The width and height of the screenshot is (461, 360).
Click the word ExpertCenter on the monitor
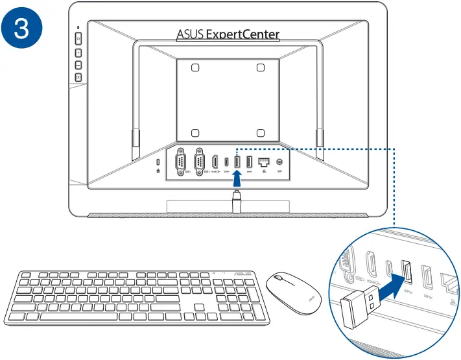pyautogui.click(x=243, y=34)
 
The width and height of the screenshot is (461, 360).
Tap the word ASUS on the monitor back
pyautogui.click(x=191, y=34)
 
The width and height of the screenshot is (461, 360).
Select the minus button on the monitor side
pyautogui.click(x=78, y=65)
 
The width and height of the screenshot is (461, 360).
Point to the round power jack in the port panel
pyautogui.click(x=280, y=162)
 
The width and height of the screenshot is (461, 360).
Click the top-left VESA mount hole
pyautogui.click(x=196, y=67)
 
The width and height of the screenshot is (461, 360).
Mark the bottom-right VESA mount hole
pyautogui.click(x=260, y=132)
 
